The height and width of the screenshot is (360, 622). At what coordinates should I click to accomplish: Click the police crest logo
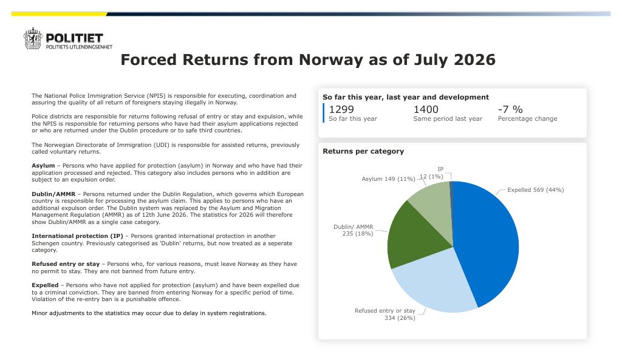point(33,38)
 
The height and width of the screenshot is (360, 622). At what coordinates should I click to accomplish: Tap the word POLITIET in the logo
point(75,38)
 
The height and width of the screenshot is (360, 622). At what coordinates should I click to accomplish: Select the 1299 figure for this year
point(341,109)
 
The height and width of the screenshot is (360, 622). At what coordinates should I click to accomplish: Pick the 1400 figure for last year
point(426,109)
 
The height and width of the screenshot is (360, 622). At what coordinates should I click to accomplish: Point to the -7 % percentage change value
point(510,109)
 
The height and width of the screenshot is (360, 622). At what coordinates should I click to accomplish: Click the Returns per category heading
point(363,151)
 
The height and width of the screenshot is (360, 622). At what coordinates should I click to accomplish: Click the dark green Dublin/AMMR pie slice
point(412,238)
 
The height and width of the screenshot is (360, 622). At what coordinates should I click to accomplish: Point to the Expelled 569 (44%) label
point(536,190)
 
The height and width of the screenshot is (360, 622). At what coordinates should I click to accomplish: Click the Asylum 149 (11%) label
point(388,179)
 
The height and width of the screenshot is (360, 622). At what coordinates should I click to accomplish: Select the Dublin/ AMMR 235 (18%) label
point(354,230)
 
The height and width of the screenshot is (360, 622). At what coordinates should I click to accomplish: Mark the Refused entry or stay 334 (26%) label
point(384,314)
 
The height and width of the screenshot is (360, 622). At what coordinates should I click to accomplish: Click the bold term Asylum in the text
point(43,166)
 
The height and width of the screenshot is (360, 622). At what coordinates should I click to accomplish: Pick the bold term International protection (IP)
point(77,236)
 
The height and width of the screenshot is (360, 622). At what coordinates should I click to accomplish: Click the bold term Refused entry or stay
point(66,264)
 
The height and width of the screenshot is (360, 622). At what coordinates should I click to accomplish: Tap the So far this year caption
point(353,118)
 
